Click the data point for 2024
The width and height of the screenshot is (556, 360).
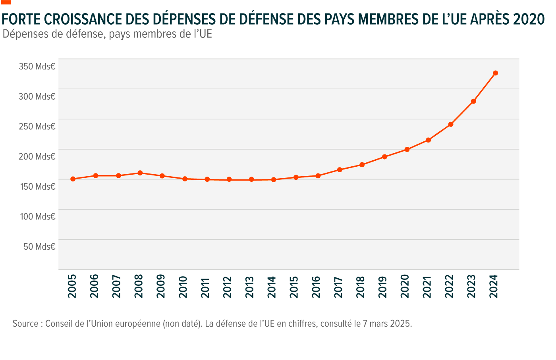coord(495,73)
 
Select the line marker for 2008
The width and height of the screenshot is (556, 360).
coord(140,173)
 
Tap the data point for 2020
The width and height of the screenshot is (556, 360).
coord(407,150)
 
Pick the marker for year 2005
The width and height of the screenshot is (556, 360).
coord(73,179)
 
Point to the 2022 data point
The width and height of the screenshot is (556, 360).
coord(451,124)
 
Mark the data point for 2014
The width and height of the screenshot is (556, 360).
coord(274,179)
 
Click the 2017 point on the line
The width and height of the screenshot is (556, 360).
coord(340,170)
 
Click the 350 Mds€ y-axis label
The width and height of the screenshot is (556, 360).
coord(37,66)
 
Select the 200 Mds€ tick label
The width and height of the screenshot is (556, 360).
coord(37,156)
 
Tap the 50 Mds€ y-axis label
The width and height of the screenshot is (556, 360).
coord(39,246)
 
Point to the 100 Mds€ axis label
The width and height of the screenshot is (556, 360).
coord(37,217)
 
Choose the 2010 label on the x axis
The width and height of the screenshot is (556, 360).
coord(183,287)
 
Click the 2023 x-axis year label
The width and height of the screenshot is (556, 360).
coord(471,287)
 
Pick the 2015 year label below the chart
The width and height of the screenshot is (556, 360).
coord(294,287)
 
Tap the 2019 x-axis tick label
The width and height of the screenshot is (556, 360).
coord(383,287)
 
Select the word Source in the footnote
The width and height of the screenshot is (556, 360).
coord(25,323)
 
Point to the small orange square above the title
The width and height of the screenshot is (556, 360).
coord(6,2)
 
